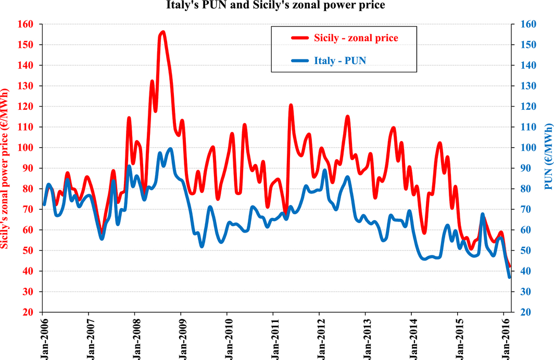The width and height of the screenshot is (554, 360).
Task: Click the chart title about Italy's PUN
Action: (x=277, y=6)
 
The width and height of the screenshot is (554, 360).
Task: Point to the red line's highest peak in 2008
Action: (x=163, y=32)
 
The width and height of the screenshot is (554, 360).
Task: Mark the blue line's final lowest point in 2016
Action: (x=509, y=277)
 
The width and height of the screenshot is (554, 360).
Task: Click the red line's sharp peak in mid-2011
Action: (x=291, y=106)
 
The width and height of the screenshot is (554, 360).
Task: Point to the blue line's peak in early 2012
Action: (x=325, y=170)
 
